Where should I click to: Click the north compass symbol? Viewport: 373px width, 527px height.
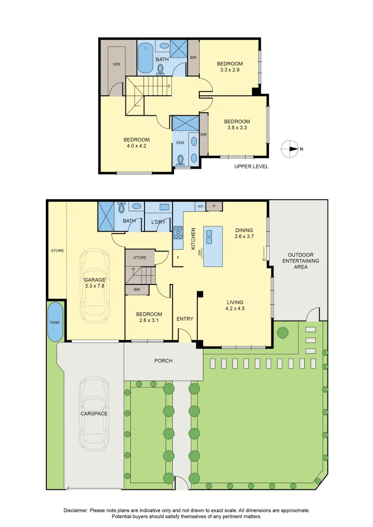pyautogui.click(x=290, y=149)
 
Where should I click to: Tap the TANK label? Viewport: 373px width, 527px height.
pyautogui.click(x=55, y=323)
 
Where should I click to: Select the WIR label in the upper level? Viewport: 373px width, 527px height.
pyautogui.click(x=116, y=64)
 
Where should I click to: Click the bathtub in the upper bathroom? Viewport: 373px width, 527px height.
pyautogui.click(x=145, y=58)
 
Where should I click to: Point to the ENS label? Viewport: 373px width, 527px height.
pyautogui.click(x=180, y=142)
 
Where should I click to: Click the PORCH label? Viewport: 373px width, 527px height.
pyautogui.click(x=164, y=361)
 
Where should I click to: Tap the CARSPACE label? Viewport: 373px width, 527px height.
pyautogui.click(x=94, y=413)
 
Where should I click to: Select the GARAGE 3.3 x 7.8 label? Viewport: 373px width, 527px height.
pyautogui.click(x=95, y=283)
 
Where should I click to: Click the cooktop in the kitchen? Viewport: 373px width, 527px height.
pyautogui.click(x=178, y=232)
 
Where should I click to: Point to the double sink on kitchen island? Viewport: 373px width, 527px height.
pyautogui.click(x=209, y=237)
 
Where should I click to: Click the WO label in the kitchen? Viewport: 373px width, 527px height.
pyautogui.click(x=200, y=206)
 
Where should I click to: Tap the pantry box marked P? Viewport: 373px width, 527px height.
pyautogui.click(x=214, y=206)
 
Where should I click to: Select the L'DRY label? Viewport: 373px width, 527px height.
pyautogui.click(x=158, y=222)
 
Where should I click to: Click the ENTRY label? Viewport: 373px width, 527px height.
pyautogui.click(x=185, y=319)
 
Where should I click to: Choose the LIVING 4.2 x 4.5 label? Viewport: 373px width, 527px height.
pyautogui.click(x=235, y=305)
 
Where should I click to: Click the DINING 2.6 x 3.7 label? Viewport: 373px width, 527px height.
pyautogui.click(x=244, y=233)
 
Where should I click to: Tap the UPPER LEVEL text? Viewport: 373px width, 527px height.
pyautogui.click(x=251, y=166)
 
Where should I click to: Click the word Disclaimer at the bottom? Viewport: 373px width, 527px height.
pyautogui.click(x=76, y=510)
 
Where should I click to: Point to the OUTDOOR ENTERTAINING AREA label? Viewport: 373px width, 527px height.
pyautogui.click(x=301, y=261)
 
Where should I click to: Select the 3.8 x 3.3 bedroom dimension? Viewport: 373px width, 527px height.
pyautogui.click(x=237, y=128)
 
